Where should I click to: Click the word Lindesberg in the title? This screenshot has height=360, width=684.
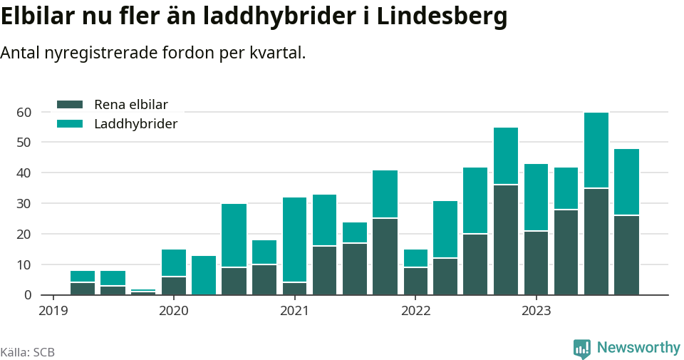(x=442, y=16)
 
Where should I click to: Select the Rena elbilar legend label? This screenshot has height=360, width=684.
(x=130, y=104)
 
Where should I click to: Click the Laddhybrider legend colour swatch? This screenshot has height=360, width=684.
(x=70, y=124)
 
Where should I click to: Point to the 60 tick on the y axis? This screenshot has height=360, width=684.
(x=24, y=112)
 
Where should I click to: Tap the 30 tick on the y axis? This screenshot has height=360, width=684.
(x=24, y=203)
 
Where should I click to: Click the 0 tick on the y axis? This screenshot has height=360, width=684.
(x=28, y=295)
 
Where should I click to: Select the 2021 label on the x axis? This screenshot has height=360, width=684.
(x=294, y=311)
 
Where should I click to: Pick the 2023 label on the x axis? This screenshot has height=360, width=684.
(x=537, y=311)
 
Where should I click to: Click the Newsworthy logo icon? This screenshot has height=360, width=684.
(x=582, y=348)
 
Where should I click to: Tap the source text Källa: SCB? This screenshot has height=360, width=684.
(x=28, y=352)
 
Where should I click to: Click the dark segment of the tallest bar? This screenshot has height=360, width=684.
(x=596, y=242)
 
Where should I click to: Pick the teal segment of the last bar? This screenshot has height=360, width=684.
(x=626, y=182)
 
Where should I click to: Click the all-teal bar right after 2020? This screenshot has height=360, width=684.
(x=204, y=275)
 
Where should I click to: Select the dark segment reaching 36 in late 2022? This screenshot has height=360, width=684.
(x=506, y=240)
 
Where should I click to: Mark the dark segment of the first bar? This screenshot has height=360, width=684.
(x=83, y=289)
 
